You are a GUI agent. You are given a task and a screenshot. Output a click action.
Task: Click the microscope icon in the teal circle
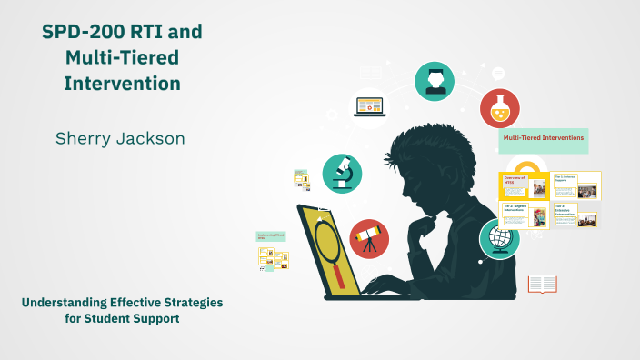(342, 173)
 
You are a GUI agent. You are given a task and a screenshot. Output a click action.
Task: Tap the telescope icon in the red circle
(369, 239)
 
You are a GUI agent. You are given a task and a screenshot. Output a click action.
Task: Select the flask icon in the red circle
(500, 108)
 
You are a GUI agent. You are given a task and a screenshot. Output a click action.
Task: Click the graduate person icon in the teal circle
(435, 81)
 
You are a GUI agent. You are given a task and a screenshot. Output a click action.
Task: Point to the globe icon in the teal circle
(499, 239)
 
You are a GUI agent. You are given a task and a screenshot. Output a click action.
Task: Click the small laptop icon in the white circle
(370, 106)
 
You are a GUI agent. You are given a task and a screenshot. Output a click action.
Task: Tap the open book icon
(543, 285)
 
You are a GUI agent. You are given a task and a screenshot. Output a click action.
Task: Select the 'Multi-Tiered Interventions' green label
(543, 140)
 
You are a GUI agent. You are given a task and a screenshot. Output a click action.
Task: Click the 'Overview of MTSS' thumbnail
(524, 185)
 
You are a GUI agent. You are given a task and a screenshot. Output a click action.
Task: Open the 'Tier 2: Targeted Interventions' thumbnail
(524, 215)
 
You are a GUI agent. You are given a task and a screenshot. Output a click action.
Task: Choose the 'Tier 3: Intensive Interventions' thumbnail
(576, 215)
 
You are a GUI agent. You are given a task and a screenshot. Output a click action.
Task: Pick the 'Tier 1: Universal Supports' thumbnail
(576, 185)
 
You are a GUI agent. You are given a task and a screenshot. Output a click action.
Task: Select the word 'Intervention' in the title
(122, 84)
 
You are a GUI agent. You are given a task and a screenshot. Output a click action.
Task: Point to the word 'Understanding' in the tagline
(74, 302)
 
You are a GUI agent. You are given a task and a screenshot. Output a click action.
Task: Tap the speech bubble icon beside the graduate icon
(498, 74)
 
